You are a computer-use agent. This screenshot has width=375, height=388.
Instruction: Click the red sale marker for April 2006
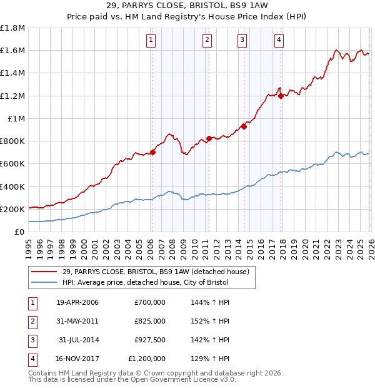coord(152,152)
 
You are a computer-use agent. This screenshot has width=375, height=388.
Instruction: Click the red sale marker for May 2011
coord(209,138)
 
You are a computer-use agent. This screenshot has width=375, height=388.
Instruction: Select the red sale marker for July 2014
coord(244,126)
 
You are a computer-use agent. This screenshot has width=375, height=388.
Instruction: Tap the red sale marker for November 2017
coord(281,96)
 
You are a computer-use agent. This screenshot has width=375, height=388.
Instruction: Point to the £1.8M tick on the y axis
coord(12,28)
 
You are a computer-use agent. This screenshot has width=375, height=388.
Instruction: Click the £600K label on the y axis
coord(12,163)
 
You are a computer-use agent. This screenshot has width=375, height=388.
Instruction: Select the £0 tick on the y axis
coord(19,232)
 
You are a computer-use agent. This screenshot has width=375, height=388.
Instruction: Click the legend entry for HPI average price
coord(145,282)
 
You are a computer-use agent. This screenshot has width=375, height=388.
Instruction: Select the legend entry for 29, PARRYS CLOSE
coord(156,272)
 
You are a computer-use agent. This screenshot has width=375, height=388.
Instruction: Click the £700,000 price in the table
coord(150,302)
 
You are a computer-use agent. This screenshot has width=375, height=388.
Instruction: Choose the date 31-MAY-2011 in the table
coord(77,321)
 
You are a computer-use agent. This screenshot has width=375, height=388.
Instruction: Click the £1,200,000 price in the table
coord(147,359)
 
